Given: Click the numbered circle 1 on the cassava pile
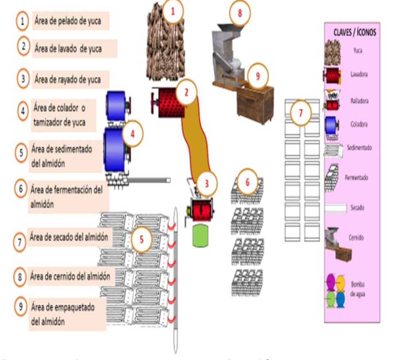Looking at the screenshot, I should point(172,12).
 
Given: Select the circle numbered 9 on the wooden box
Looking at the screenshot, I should point(257,76).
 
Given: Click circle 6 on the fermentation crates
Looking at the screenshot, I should point(247,182).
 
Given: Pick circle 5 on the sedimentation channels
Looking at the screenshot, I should point(142,239).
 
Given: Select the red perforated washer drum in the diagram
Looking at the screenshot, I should point(169,102).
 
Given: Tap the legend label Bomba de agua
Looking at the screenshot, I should point(357,289).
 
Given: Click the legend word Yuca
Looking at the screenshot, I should point(358,51).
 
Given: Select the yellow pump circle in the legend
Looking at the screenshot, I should point(341,281).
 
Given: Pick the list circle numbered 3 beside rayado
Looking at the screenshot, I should point(23,79).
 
